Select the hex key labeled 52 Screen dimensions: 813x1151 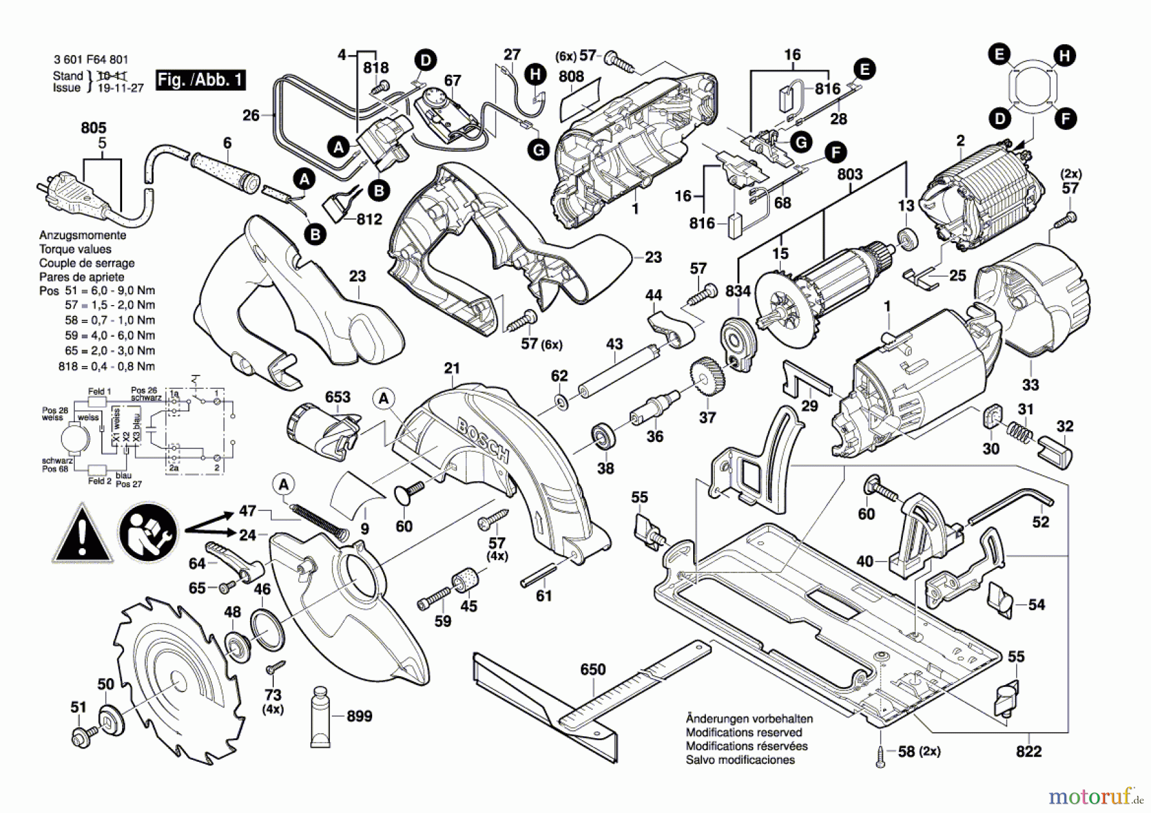(1010, 505)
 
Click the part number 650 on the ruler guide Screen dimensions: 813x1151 (593, 670)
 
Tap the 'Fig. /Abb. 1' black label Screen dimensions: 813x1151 (201, 80)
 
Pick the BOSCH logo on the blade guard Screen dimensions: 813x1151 (483, 441)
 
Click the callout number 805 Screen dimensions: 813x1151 (93, 128)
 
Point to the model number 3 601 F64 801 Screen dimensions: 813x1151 (91, 59)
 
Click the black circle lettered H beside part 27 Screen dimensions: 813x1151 (535, 75)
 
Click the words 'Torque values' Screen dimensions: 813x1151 (75, 249)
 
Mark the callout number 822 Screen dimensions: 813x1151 (1028, 752)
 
